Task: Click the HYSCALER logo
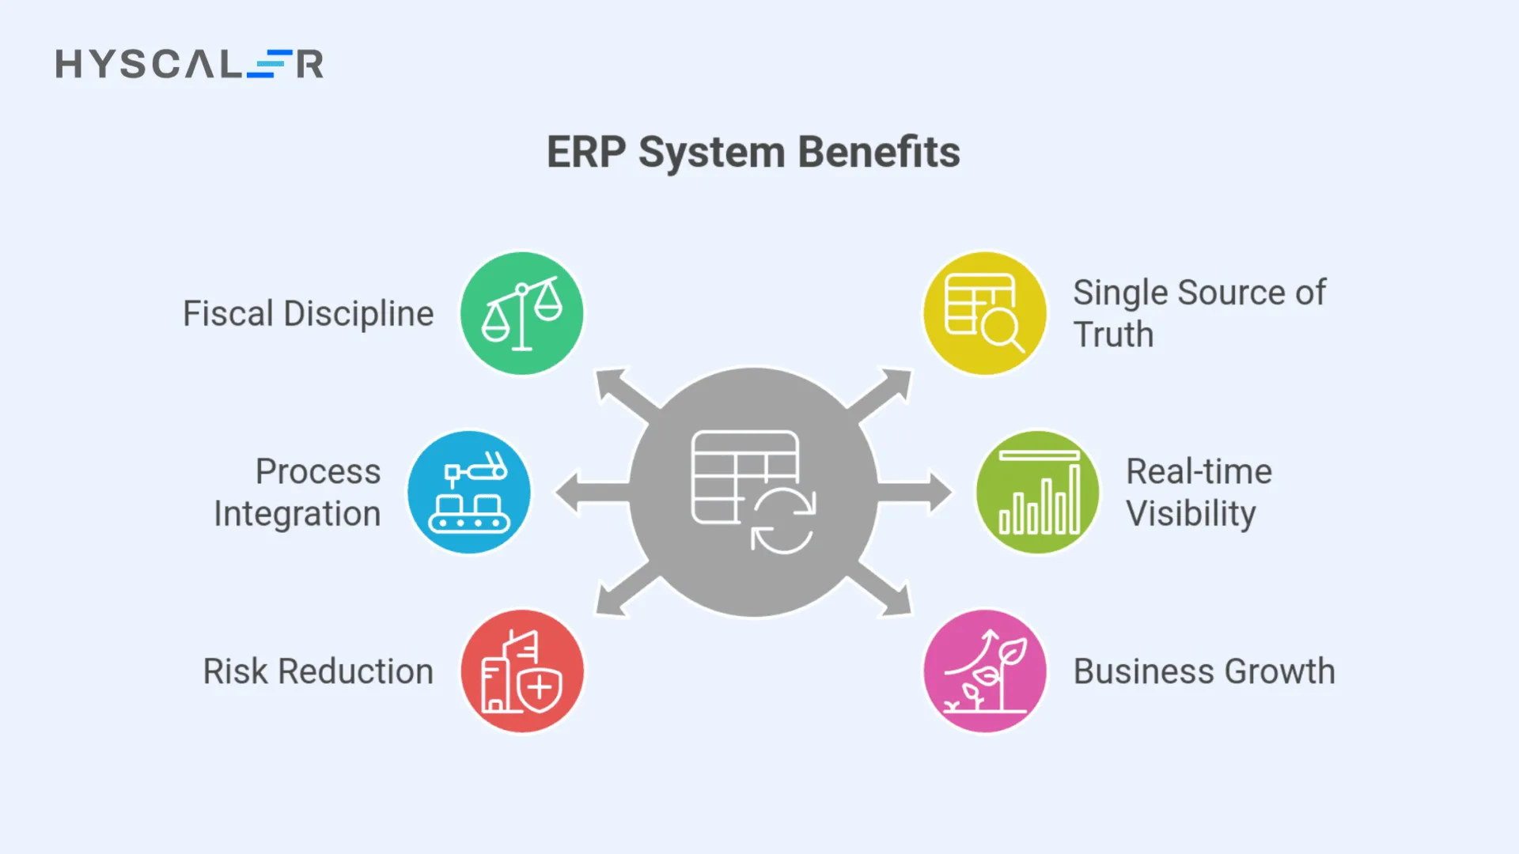pyautogui.click(x=189, y=63)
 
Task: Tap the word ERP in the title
pyautogui.click(x=585, y=152)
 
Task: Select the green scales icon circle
pyautogui.click(x=522, y=313)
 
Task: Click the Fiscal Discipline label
pyautogui.click(x=308, y=313)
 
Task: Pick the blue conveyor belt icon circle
pyautogui.click(x=469, y=492)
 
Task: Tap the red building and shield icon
pyautogui.click(x=522, y=671)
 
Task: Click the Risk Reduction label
pyautogui.click(x=318, y=671)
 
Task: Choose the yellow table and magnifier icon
pyautogui.click(x=984, y=313)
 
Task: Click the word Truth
pyautogui.click(x=1113, y=334)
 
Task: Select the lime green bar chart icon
pyautogui.click(x=1038, y=492)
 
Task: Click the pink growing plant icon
pyautogui.click(x=984, y=671)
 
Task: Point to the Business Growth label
pyautogui.click(x=1203, y=671)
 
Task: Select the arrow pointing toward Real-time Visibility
pyautogui.click(x=918, y=493)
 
